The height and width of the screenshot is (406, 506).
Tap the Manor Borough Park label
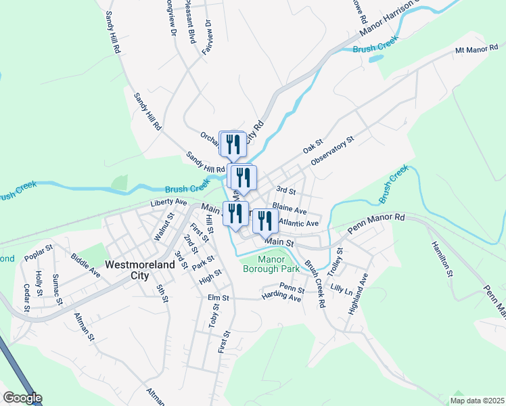(271, 264)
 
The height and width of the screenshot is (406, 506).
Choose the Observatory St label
(333, 152)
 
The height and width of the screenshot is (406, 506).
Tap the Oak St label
(312, 146)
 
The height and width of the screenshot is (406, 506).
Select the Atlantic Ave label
(298, 223)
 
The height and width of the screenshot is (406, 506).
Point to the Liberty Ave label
(168, 202)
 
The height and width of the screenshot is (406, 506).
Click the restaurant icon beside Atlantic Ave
(265, 220)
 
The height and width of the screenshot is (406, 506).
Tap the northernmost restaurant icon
(233, 143)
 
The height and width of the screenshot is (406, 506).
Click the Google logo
(22, 398)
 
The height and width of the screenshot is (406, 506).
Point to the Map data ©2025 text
(477, 401)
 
